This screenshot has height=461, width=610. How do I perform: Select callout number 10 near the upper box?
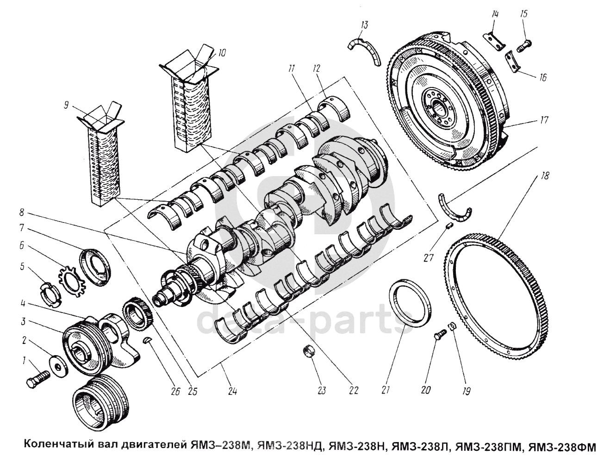point(222,53)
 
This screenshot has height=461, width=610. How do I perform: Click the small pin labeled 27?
point(448,225)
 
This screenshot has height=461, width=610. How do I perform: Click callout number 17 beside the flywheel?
point(544,120)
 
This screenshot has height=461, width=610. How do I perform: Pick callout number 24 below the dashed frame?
point(232,391)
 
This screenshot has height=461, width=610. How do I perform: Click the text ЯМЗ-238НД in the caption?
point(290,446)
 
